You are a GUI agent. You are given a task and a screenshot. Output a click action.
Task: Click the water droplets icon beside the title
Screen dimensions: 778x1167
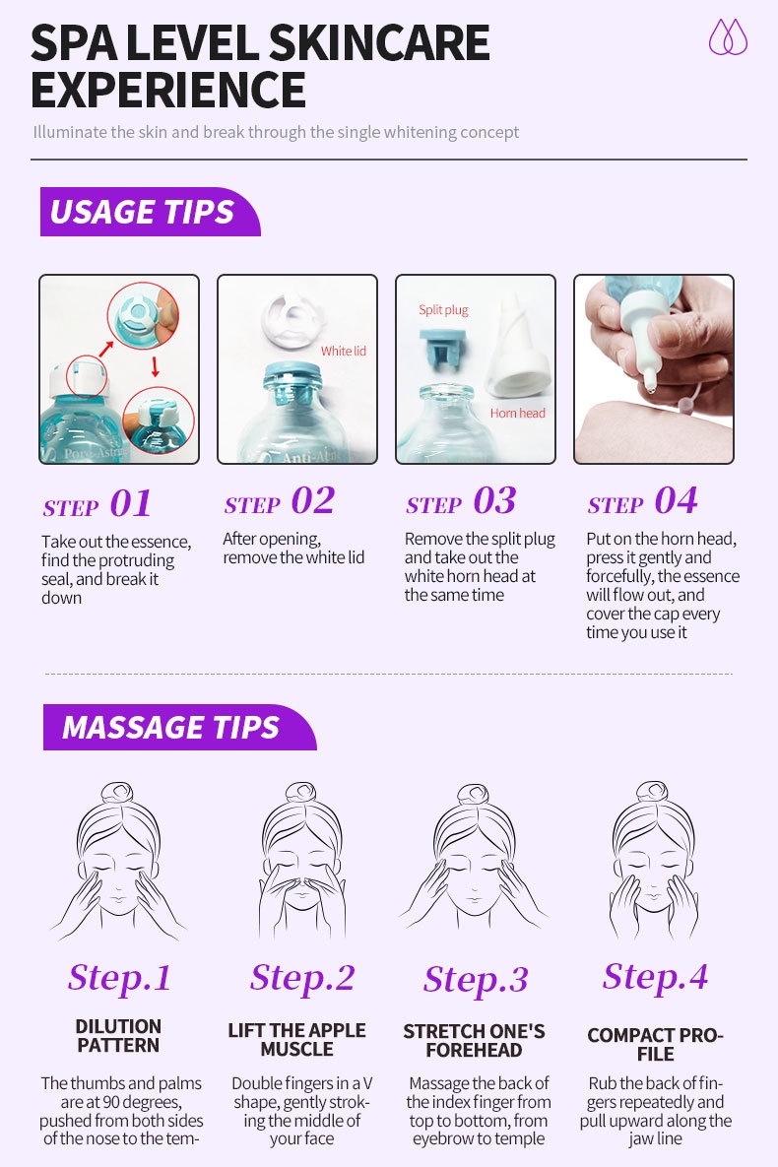tap(728, 37)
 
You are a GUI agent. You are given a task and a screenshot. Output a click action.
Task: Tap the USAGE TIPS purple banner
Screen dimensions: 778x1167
tap(150, 212)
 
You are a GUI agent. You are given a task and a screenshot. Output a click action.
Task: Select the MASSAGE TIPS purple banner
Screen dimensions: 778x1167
tap(179, 727)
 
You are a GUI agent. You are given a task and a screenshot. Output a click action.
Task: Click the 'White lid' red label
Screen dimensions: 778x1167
tap(344, 352)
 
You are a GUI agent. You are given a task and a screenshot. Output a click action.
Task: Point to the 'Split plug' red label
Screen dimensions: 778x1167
tap(443, 309)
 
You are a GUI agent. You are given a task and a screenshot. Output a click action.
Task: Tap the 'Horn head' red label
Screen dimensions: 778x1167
tap(517, 413)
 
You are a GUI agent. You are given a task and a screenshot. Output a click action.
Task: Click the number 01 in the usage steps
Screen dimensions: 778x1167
tap(131, 504)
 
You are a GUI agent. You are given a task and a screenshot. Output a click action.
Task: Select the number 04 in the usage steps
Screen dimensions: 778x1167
tap(676, 501)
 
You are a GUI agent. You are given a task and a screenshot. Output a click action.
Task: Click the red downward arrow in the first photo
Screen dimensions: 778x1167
tap(155, 366)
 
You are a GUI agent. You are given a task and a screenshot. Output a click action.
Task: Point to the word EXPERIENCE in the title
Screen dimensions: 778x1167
tap(168, 91)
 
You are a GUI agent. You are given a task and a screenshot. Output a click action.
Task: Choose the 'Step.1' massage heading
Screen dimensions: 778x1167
tap(120, 977)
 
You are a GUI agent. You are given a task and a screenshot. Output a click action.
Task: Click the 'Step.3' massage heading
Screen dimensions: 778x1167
tap(477, 980)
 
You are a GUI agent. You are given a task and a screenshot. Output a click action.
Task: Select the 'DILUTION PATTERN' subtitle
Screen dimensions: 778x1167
tap(118, 1036)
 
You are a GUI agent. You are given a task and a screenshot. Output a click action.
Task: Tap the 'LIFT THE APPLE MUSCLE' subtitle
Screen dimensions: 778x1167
tap(297, 1040)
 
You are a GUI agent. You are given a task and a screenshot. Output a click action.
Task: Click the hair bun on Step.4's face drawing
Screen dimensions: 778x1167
tap(654, 792)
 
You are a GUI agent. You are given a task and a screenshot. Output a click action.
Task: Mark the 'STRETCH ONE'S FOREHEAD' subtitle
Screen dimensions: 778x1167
tap(475, 1041)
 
